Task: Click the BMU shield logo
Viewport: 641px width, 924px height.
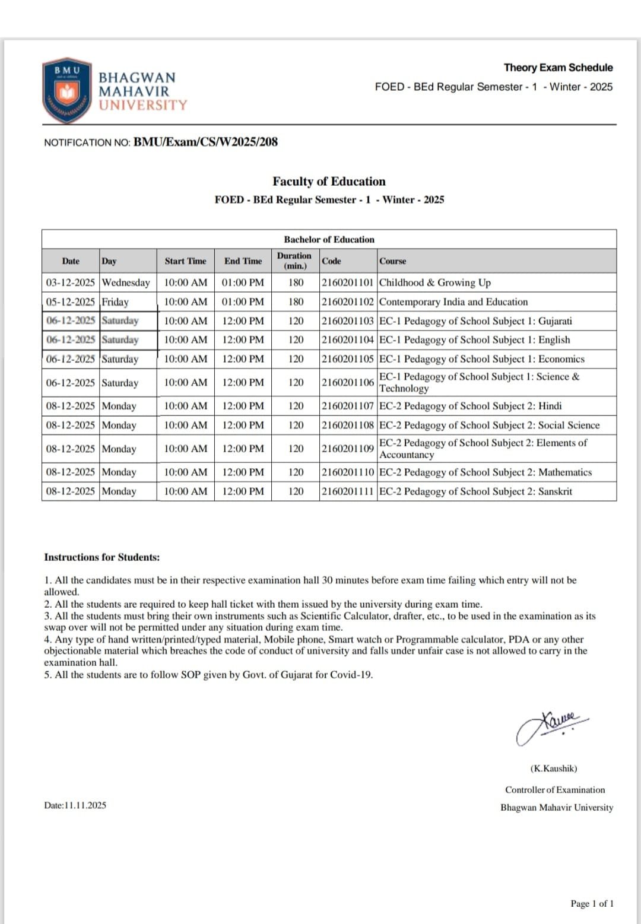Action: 67,90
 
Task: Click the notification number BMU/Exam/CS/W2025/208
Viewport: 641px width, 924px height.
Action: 205,142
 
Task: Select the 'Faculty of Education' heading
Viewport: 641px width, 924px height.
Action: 329,182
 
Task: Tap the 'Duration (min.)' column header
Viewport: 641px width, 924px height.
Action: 294,261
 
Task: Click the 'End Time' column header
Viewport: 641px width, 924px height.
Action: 243,261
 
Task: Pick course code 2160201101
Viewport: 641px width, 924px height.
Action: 348,282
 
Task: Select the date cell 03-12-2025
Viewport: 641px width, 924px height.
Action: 70,282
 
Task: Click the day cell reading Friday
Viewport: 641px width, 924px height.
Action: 115,301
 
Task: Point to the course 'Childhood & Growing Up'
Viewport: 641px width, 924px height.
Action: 435,282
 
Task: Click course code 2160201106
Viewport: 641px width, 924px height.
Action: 348,383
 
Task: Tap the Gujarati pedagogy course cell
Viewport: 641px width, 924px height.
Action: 475,321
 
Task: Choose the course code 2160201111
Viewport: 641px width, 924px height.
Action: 348,491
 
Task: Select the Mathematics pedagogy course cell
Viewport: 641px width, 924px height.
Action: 485,472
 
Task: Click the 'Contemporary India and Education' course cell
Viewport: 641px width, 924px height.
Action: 453,301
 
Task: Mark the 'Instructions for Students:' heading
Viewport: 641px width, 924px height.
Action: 101,557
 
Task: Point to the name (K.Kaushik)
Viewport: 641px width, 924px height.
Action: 554,769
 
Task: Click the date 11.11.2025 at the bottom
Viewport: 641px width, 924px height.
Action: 75,805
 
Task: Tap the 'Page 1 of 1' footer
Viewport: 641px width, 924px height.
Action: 592,904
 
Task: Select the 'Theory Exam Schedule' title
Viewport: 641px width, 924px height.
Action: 558,68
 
